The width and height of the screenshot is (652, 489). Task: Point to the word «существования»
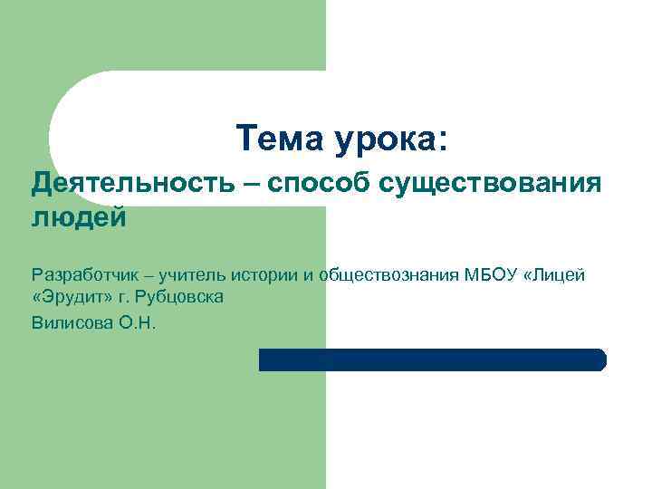(x=490, y=186)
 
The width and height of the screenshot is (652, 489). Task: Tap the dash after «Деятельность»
(x=248, y=186)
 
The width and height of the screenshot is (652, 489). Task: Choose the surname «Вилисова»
(x=71, y=321)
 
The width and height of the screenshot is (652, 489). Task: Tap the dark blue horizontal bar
(x=432, y=360)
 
